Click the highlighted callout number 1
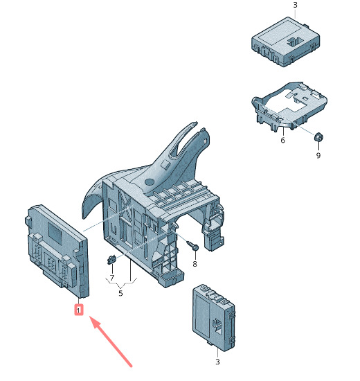click(x=78, y=310)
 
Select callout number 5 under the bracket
click(x=120, y=293)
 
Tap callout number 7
click(x=111, y=278)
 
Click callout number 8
click(x=195, y=264)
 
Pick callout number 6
click(x=282, y=140)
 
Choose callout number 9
click(x=318, y=155)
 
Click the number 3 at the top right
click(x=295, y=5)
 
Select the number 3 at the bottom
click(x=217, y=362)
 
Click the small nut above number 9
click(x=318, y=137)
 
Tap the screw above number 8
click(x=193, y=245)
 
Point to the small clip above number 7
click(x=111, y=260)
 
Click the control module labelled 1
click(x=57, y=251)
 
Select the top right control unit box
click(x=285, y=42)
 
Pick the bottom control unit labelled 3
click(x=214, y=318)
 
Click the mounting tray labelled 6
click(x=289, y=107)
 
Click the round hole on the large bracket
click(x=150, y=181)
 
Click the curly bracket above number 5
click(x=121, y=282)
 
